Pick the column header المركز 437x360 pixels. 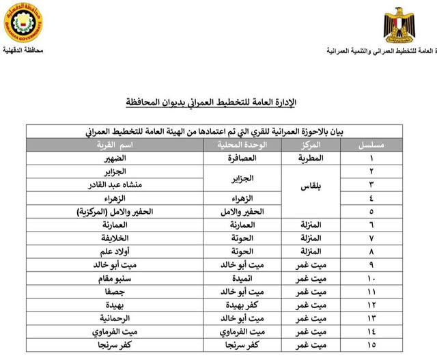point(311,146)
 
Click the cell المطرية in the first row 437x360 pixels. point(311,158)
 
